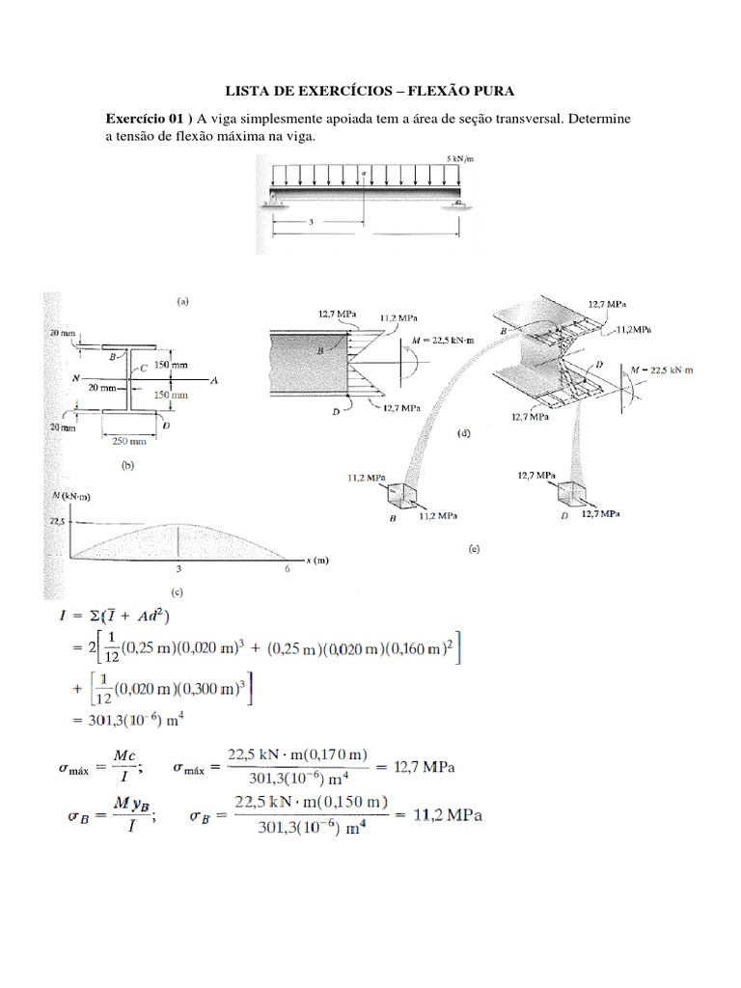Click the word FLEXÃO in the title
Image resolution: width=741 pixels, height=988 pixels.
[x=428, y=91]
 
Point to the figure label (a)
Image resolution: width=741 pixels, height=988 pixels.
[x=183, y=301]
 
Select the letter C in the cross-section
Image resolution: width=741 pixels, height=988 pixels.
[x=145, y=367]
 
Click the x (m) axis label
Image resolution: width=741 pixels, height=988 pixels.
[x=316, y=561]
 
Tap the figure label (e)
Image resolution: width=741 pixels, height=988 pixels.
[x=473, y=549]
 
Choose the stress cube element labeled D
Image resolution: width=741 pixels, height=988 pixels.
[x=571, y=495]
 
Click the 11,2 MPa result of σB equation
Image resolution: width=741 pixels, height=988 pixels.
[x=443, y=815]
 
